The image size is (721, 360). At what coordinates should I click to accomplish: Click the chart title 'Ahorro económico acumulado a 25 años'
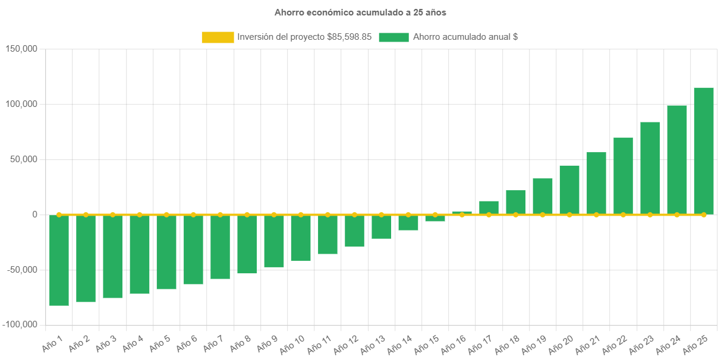pos(360,12)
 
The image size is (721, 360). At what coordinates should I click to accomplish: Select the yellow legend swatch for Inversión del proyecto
pos(218,37)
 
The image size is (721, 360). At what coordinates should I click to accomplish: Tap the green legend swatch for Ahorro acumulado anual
pos(393,37)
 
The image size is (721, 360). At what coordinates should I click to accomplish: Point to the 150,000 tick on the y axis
pos(21,49)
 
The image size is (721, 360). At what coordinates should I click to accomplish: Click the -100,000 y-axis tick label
pos(20,325)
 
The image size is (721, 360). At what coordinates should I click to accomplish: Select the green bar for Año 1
pos(59,260)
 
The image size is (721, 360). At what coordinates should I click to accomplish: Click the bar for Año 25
pos(704,151)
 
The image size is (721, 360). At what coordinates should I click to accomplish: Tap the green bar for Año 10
pos(301,238)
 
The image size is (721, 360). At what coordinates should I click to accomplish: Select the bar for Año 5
pos(166,252)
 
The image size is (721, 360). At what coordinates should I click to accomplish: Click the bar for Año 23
pos(650,168)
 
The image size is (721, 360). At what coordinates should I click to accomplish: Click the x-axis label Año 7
pos(212,345)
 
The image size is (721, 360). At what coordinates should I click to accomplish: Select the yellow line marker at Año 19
pos(543,214)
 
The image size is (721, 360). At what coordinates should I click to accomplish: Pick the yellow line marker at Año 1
pos(59,214)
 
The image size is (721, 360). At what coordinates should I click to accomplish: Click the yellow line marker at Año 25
pos(704,214)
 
